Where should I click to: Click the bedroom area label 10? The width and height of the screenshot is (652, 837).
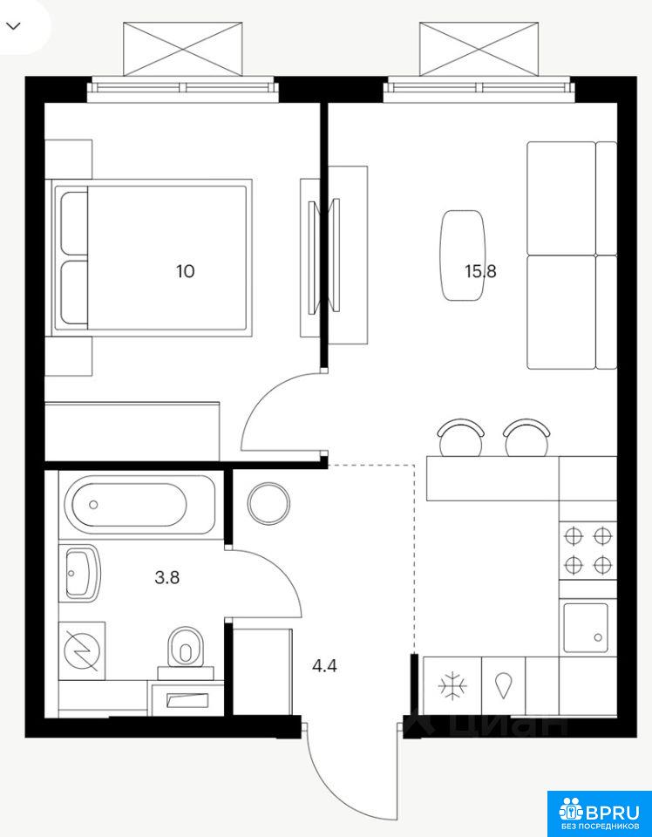186,272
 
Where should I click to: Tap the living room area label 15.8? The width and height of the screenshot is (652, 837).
481,272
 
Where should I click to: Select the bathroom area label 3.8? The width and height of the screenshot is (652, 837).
166,577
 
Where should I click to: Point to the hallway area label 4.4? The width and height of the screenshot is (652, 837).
325,666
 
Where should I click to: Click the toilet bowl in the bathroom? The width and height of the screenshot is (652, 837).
186,647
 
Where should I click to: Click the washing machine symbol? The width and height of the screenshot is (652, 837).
82,651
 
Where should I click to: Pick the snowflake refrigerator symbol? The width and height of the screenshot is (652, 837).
452,685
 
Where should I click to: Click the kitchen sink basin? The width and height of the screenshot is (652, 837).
586,628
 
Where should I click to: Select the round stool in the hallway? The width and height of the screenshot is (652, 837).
269,503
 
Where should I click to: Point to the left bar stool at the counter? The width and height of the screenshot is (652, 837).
460,439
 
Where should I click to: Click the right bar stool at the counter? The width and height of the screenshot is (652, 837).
527,439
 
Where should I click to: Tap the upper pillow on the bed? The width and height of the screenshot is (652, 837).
74,224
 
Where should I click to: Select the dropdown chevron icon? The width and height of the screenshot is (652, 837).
14,26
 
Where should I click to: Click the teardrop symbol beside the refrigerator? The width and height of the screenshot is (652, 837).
503,685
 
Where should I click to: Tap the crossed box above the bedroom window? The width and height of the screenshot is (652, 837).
182,49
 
